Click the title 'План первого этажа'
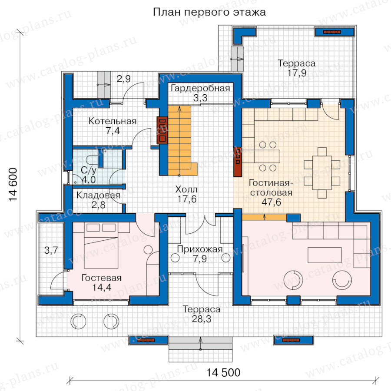pos(209,12)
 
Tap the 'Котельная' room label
pos(113,121)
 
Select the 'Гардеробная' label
pos(200,88)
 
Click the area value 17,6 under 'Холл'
pos(187,199)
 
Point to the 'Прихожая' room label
pos(200,249)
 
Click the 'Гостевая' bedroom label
pos(102,278)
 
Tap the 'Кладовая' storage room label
pos(98,195)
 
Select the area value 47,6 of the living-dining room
pos(271,202)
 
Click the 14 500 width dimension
pos(223,373)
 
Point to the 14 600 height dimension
pos(13,184)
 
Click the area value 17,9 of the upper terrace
pos(297,73)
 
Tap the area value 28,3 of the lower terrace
pos(202,319)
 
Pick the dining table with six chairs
pos(322,172)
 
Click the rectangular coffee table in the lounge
pos(325,255)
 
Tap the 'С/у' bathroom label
pos(89,170)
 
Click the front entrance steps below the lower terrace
pos(200,349)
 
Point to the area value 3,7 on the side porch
pos(51,250)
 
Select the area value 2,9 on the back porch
pos(124,79)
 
